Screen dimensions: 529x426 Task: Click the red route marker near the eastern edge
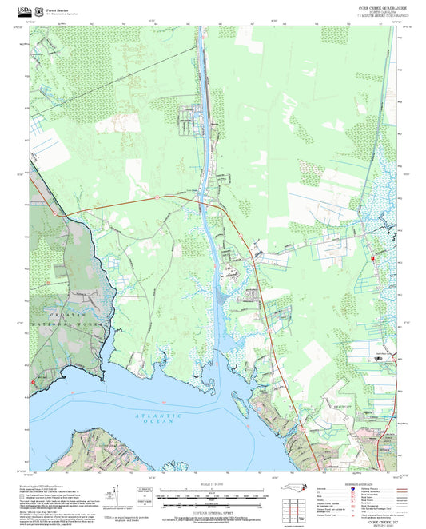point(372,259)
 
